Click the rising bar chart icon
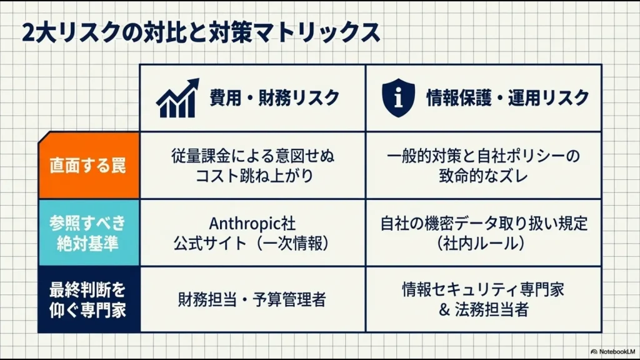[177, 98]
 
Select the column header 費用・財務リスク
[274, 98]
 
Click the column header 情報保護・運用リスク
[507, 98]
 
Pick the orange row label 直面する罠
[88, 166]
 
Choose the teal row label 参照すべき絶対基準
[88, 232]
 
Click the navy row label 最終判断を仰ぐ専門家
[88, 299]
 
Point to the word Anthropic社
[252, 223]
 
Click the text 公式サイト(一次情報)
[252, 243]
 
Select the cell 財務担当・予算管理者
[252, 300]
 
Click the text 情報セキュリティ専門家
[484, 290]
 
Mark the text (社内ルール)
[484, 243]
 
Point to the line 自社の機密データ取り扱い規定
[484, 223]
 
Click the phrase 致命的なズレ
[484, 176]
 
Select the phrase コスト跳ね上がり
[252, 176]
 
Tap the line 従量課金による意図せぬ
[252, 156]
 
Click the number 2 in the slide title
[27, 32]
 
